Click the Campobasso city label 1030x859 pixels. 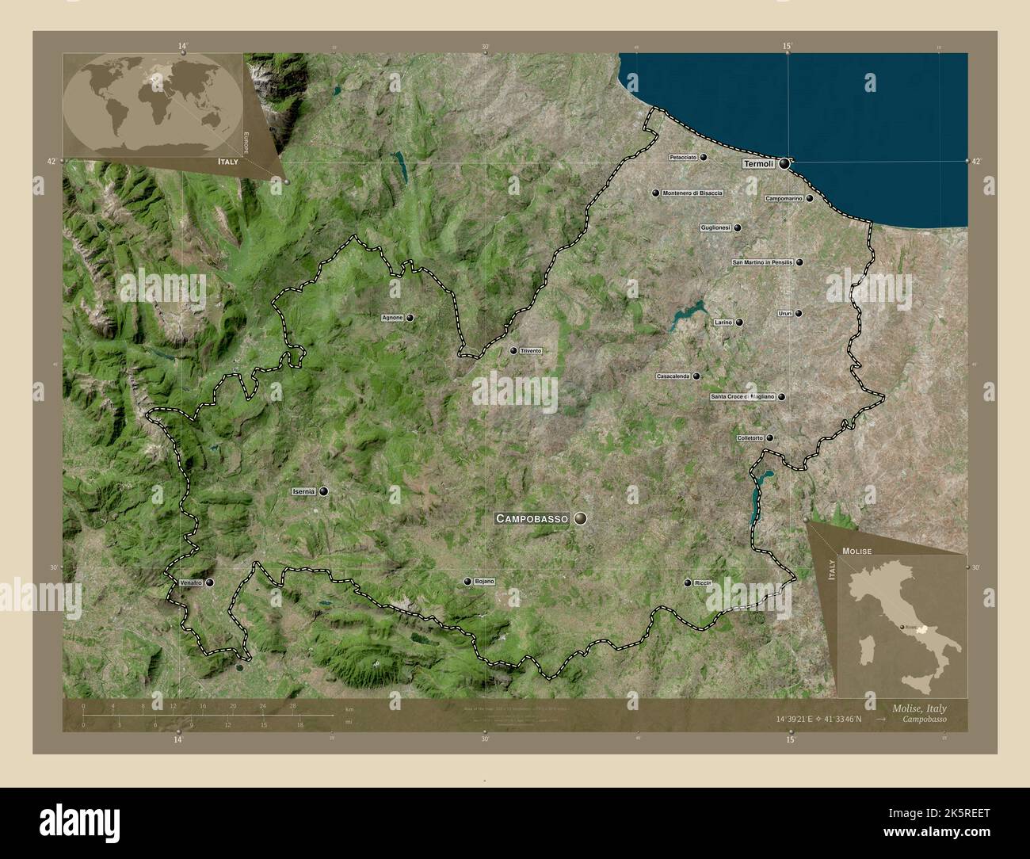coord(532,518)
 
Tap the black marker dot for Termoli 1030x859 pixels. coord(784,164)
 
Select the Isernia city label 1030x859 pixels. coord(303,491)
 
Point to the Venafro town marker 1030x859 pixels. coord(210,582)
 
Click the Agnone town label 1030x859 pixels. coord(392,318)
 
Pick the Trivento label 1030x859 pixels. coord(531,350)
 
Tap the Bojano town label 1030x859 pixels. coord(484,582)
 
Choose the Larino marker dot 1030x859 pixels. coord(739,323)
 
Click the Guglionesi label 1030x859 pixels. coord(715,228)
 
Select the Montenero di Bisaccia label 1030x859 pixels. coord(692,193)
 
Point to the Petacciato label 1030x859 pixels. coord(682,158)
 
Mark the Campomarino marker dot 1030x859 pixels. coord(809,198)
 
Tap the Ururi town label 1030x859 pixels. coord(785,313)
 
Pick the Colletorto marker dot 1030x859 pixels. coord(769,437)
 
